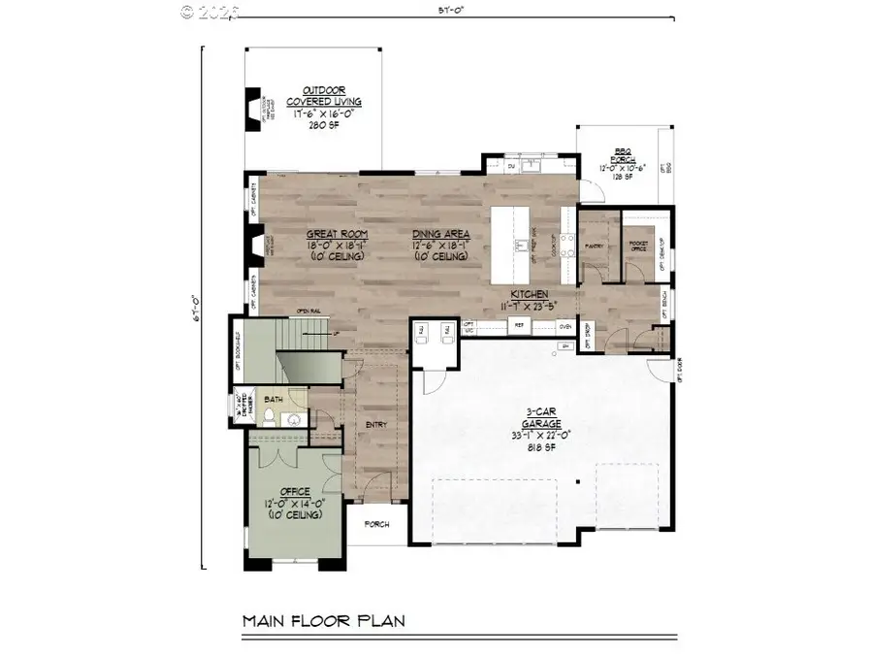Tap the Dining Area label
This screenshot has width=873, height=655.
tap(440, 234)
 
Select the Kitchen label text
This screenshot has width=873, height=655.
tap(532, 293)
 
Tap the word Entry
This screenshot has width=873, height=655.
tap(377, 424)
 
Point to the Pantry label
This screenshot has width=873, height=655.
tap(596, 246)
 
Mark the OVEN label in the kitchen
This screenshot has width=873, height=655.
tap(566, 328)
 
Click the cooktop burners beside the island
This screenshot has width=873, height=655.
tap(566, 243)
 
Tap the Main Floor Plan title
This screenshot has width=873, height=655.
tap(323, 620)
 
